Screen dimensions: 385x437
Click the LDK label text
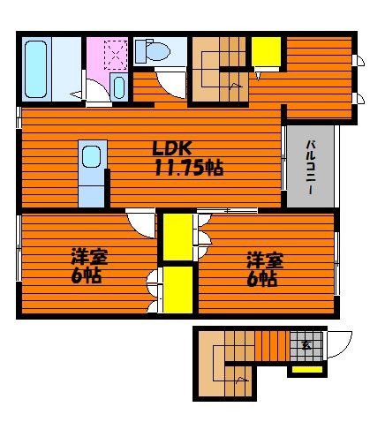coord(172,148)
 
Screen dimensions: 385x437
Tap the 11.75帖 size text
coord(189,168)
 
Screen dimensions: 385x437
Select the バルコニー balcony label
coord(310,168)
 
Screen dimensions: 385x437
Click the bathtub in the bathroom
coord(36,69)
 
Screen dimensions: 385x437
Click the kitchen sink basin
coord(91,157)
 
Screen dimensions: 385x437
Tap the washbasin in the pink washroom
coord(119,87)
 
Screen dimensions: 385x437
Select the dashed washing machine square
coord(116,55)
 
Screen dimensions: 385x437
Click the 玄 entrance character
coord(306,345)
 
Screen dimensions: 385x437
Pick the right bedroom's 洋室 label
coord(265,260)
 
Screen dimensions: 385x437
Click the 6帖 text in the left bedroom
coord(87,275)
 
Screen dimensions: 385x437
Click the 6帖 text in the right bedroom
coord(261,279)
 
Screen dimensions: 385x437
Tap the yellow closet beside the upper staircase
coord(266,52)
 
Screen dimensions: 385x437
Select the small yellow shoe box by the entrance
coord(307,370)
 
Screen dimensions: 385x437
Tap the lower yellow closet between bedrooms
coord(177,290)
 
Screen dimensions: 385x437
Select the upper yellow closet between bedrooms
coord(177,237)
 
